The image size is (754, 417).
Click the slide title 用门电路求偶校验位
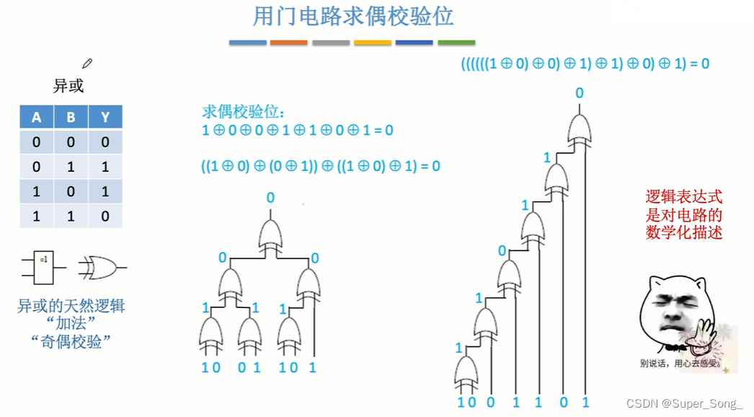352,16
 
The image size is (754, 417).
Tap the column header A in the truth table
37,118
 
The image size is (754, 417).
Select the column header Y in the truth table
105,118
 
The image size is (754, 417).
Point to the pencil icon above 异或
88,63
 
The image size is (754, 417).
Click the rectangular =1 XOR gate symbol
44,266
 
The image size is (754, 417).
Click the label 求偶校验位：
244,112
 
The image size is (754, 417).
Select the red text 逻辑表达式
683,196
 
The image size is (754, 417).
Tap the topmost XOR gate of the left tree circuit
270,234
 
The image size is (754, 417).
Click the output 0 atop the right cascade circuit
580,93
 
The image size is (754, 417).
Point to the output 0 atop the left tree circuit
270,198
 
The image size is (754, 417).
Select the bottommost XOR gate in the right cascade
466,370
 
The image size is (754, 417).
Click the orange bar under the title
288,43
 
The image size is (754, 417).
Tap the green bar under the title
456,43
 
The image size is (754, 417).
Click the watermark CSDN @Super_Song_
685,403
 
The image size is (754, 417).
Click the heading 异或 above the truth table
68,86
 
